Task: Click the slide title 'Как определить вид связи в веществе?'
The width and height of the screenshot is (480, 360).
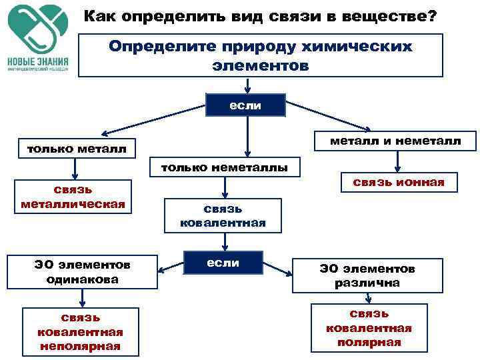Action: pos(261,15)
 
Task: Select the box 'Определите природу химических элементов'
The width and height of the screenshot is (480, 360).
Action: pos(261,56)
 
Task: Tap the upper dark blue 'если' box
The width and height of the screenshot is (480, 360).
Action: pos(246,105)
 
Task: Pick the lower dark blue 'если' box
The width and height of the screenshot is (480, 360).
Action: pos(223,263)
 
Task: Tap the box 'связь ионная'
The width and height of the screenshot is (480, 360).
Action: pos(399,182)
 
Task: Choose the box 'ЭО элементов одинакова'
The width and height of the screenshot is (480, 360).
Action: pos(83,272)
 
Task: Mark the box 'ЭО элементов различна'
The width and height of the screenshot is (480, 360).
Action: pos(367,275)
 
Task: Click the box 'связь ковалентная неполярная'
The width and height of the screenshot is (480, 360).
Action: pos(80,331)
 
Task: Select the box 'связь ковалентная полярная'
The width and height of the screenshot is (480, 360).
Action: pos(369,327)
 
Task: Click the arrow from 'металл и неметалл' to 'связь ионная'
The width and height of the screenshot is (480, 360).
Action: pos(397,161)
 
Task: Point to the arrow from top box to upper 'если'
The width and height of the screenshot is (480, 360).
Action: pos(247,86)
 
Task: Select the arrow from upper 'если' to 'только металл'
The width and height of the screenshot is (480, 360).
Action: pos(153,122)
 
